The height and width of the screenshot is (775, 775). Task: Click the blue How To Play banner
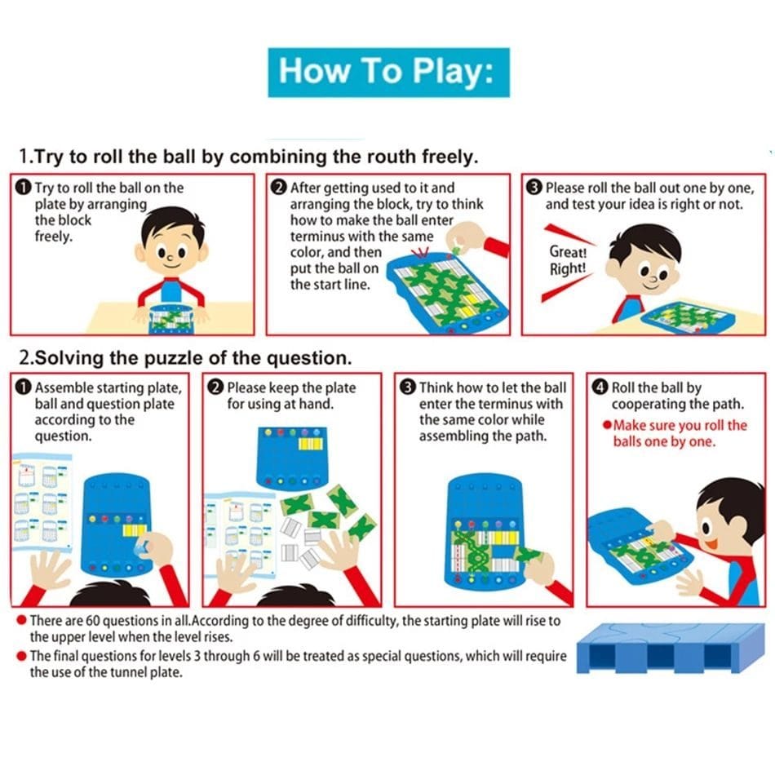(x=388, y=72)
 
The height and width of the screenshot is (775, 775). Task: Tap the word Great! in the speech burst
(x=568, y=252)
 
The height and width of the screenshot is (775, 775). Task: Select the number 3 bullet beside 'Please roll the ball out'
(x=534, y=188)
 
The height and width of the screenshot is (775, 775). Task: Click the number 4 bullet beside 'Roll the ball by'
(x=600, y=387)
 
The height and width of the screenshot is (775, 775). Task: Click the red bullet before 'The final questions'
(x=21, y=656)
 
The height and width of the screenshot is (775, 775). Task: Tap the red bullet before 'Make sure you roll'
(x=607, y=425)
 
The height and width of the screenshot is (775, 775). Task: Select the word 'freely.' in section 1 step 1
(x=53, y=237)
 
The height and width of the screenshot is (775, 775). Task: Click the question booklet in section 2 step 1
(x=42, y=501)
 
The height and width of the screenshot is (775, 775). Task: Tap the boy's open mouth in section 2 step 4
(x=711, y=544)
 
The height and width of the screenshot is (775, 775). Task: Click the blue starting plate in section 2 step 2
(x=292, y=457)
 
